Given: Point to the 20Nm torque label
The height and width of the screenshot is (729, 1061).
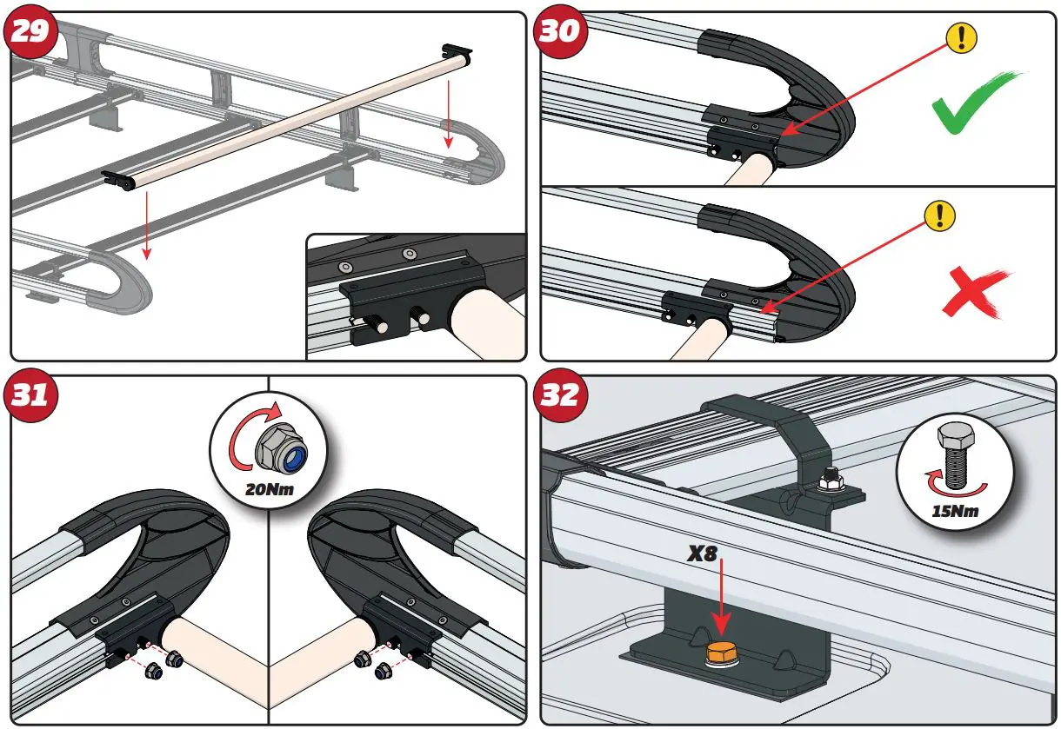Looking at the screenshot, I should tap(269, 490).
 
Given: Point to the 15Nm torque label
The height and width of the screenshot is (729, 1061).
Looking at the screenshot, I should tap(955, 511).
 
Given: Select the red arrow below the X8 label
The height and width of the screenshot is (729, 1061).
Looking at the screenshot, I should tap(722, 600).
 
